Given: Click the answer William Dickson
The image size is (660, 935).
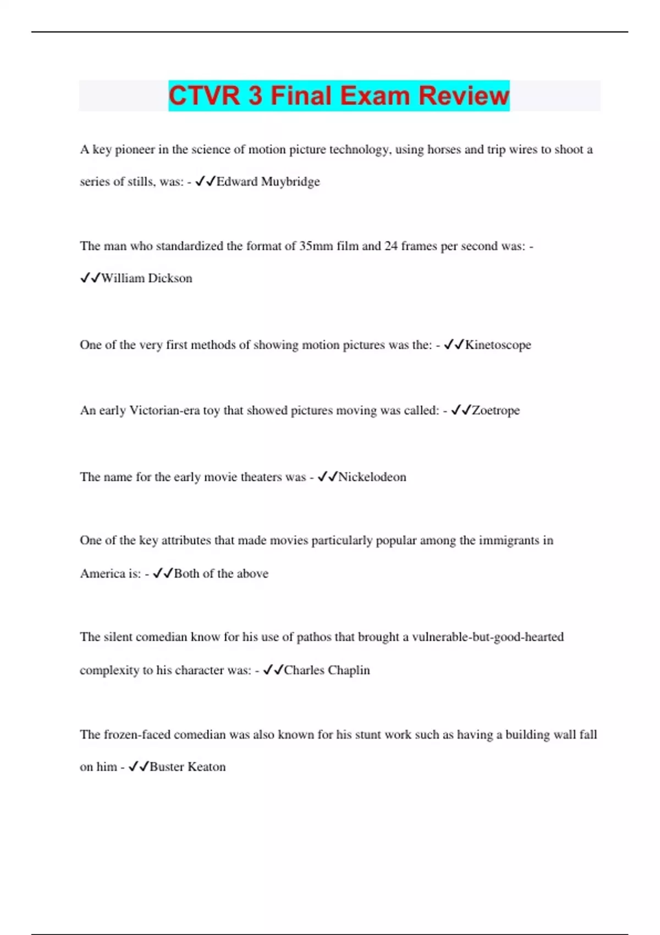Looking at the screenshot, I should click(146, 278).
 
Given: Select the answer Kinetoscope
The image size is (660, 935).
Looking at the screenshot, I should click(498, 345).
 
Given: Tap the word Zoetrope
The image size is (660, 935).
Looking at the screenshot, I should click(496, 410).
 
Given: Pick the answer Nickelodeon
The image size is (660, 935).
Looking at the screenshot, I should click(372, 477).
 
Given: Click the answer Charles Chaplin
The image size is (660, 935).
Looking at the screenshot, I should click(327, 670).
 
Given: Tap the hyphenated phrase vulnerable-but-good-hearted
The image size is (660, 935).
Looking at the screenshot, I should click(488, 637).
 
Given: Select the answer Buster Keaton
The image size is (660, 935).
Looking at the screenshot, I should click(188, 767).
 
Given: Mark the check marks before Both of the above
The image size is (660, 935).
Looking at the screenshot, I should click(163, 574).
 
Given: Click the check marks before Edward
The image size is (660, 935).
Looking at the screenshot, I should click(205, 182).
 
